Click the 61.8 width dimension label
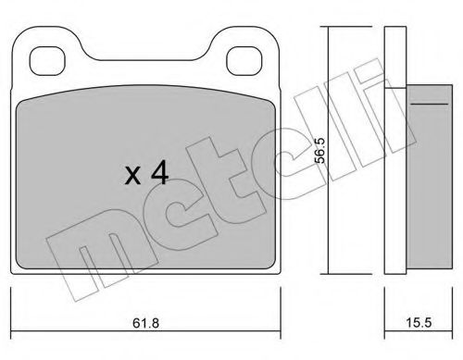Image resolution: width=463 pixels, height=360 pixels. pyautogui.click(x=145, y=323)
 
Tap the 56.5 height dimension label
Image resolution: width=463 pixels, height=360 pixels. pyautogui.click(x=319, y=151)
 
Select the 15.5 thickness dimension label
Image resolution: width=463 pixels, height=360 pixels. pyautogui.click(x=419, y=323)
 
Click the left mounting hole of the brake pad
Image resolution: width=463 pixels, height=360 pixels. pyautogui.click(x=48, y=61)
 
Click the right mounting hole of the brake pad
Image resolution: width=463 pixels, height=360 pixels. pyautogui.click(x=244, y=61)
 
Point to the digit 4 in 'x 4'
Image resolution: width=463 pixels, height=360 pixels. pyautogui.click(x=159, y=174)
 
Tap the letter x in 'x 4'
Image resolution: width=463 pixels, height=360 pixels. pyautogui.click(x=133, y=177)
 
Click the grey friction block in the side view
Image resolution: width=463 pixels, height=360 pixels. pyautogui.click(x=430, y=176)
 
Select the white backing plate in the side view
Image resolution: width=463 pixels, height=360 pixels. pyautogui.click(x=395, y=150)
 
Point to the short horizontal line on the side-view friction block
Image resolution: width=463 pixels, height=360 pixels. pyautogui.click(x=430, y=104)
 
